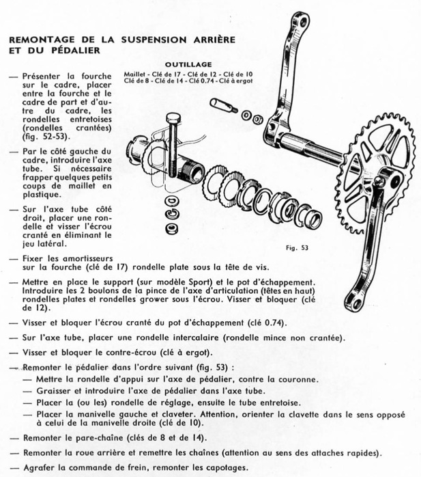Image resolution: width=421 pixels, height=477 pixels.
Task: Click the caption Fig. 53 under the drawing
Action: click(297, 247)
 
